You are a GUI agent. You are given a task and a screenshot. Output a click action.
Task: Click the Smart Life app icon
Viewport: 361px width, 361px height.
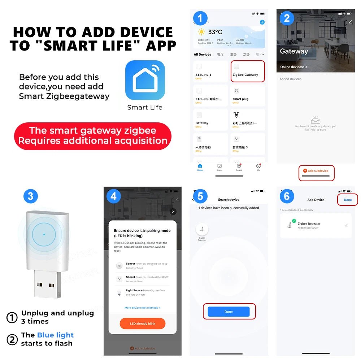(145, 80)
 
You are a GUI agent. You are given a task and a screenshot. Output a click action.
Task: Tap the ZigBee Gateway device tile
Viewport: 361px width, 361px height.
(247, 71)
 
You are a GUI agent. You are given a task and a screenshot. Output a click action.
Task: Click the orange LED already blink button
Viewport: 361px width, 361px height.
(142, 323)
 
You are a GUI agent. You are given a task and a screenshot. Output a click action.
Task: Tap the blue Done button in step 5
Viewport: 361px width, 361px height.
(229, 312)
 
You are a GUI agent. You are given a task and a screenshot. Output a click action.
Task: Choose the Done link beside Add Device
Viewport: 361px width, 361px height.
(348, 200)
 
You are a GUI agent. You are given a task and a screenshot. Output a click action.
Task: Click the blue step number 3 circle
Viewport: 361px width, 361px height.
(30, 196)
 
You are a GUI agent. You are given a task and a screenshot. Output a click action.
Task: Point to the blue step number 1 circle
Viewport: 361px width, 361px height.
(200, 18)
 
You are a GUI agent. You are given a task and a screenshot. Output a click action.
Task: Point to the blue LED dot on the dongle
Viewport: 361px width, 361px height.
(44, 234)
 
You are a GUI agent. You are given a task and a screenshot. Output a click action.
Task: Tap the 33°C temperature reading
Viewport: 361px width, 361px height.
(215, 32)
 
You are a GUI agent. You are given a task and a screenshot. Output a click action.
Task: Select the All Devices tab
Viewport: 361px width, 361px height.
(202, 55)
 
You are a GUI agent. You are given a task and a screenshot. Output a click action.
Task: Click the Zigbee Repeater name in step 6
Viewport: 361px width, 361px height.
(309, 224)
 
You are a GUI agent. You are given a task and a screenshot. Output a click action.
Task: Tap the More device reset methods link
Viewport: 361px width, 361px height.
(142, 308)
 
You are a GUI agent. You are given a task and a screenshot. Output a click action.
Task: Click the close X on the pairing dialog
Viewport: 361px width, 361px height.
(173, 212)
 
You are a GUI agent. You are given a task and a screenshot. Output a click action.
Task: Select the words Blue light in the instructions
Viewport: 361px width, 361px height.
(55, 335)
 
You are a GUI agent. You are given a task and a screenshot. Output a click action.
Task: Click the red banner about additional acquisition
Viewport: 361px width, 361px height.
(93, 135)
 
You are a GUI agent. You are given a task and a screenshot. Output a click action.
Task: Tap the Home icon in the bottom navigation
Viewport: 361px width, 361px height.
(200, 167)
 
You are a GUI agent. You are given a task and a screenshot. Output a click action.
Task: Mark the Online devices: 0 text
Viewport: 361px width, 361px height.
(293, 67)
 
